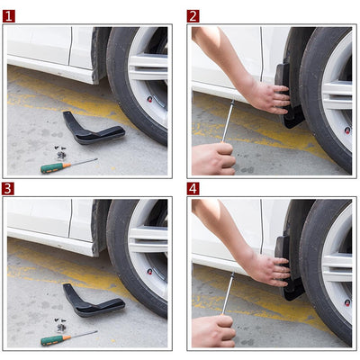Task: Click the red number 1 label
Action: point(9,16)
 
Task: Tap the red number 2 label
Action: point(193,16)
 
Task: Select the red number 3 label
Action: point(9,189)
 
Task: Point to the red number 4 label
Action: point(193,189)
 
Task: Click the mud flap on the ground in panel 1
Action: point(90,130)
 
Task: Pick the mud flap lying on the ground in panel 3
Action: point(90,302)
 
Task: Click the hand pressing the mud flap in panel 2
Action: point(268,94)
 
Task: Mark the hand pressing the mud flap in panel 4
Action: point(268,267)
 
